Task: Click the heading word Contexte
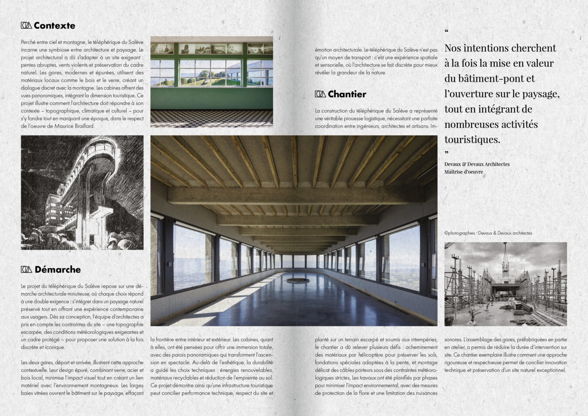point(54,26)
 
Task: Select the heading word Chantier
point(347,94)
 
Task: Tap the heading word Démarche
point(57,270)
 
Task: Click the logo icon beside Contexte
point(26,26)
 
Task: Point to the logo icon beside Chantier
point(320,94)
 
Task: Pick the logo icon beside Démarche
point(26,270)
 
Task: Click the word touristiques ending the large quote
point(472,140)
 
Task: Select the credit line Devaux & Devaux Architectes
point(477,164)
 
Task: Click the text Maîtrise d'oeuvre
point(463,172)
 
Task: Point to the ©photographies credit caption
point(488,233)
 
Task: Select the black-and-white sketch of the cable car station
point(82,193)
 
